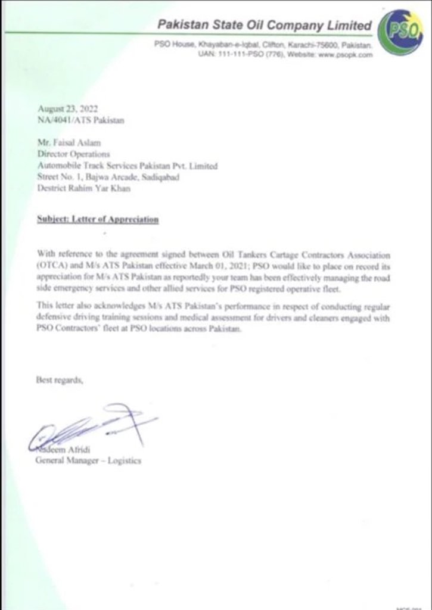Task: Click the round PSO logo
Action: tap(400, 33)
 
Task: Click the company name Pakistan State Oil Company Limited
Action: tap(264, 25)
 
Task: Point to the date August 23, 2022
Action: tap(67, 108)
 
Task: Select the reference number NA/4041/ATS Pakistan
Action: tap(80, 120)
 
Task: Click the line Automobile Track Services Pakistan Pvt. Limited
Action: tap(127, 166)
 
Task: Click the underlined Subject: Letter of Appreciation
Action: tap(98, 219)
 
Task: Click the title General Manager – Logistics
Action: tap(89, 460)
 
